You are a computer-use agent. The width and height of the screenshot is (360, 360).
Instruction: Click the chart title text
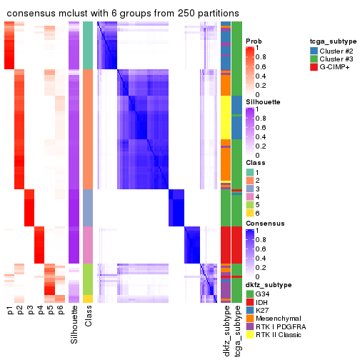123,14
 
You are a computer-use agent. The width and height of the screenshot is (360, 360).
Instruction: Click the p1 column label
10,311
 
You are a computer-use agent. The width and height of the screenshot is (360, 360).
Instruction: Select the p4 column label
41,311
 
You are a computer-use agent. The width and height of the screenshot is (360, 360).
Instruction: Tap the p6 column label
61,311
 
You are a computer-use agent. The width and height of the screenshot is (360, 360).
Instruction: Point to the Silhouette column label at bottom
75,325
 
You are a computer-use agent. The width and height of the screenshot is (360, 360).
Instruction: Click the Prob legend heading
253,41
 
